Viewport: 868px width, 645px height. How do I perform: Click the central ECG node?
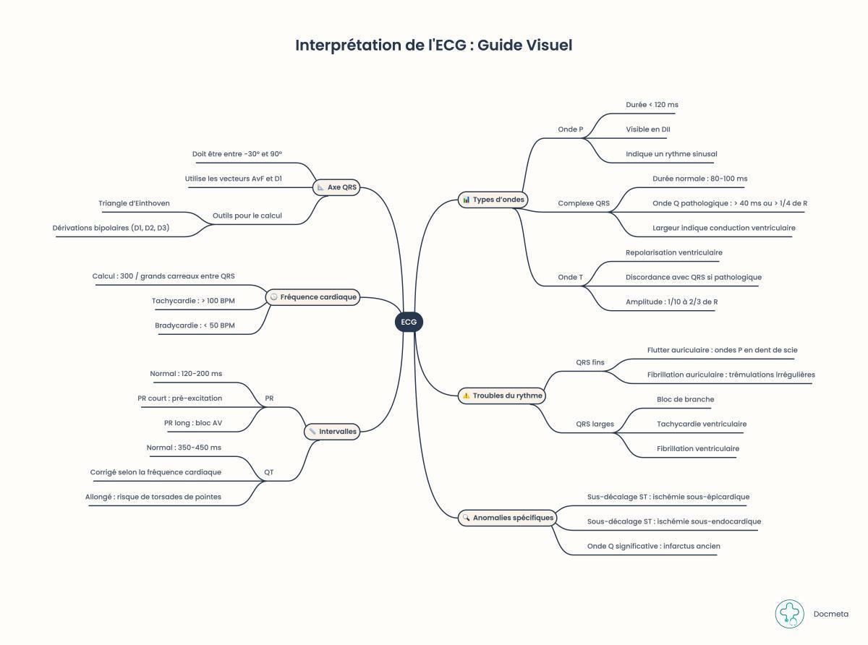pos(409,322)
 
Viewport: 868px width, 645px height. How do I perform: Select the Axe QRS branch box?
pos(336,187)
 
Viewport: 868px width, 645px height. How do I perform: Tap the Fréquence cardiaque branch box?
pos(312,297)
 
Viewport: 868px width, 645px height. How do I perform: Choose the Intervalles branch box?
pos(332,432)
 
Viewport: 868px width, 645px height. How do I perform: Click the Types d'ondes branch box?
pos(493,200)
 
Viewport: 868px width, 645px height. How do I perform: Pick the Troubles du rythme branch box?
pos(502,396)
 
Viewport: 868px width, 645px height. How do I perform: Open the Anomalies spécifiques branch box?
pos(507,518)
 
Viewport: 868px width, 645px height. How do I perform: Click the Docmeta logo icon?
pos(789,614)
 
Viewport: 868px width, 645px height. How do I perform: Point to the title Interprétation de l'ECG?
pos(433,45)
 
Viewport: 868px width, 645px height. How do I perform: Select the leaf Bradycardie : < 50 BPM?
pos(195,325)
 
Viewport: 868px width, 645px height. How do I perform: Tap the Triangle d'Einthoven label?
pos(134,203)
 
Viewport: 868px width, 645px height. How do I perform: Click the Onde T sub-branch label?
pos(570,277)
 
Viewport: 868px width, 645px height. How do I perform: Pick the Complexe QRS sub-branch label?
pos(584,203)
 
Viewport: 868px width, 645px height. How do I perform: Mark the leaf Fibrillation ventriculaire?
pos(697,448)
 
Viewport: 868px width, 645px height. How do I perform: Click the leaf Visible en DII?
pos(647,129)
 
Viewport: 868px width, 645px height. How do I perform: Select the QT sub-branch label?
pos(268,472)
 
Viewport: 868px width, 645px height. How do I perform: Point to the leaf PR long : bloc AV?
pos(193,423)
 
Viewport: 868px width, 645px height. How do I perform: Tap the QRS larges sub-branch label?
pos(595,424)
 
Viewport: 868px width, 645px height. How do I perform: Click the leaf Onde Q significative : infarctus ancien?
pos(653,546)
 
